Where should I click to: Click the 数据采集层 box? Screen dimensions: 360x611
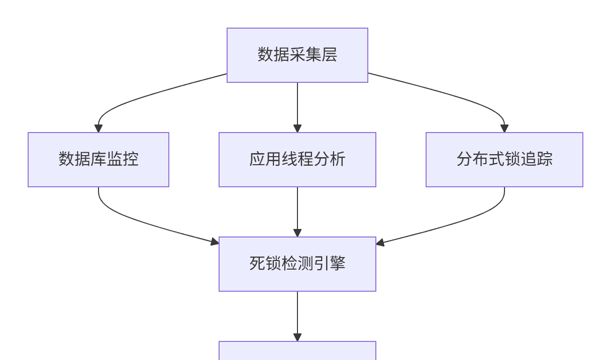(x=297, y=55)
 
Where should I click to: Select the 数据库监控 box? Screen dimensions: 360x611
(x=98, y=160)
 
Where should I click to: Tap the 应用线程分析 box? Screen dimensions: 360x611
(x=297, y=160)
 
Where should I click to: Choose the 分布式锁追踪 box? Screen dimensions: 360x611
(x=504, y=160)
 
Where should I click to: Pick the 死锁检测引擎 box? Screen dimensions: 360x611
(x=297, y=264)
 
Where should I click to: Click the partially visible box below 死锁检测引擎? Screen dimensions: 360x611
(x=297, y=351)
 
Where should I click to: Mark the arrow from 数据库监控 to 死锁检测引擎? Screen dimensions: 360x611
(x=151, y=223)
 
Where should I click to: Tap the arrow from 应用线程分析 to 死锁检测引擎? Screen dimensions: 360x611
(x=297, y=211)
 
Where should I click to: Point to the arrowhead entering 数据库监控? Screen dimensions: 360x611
(x=98, y=129)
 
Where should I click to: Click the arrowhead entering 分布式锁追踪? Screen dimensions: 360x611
(x=504, y=129)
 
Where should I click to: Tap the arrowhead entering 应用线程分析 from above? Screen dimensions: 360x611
(x=297, y=129)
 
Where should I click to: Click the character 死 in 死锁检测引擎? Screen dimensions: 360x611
(x=257, y=264)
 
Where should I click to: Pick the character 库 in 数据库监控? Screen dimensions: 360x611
(x=98, y=159)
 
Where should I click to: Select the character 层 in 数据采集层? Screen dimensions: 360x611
(x=329, y=55)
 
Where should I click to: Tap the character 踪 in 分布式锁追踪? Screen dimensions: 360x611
(x=544, y=159)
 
